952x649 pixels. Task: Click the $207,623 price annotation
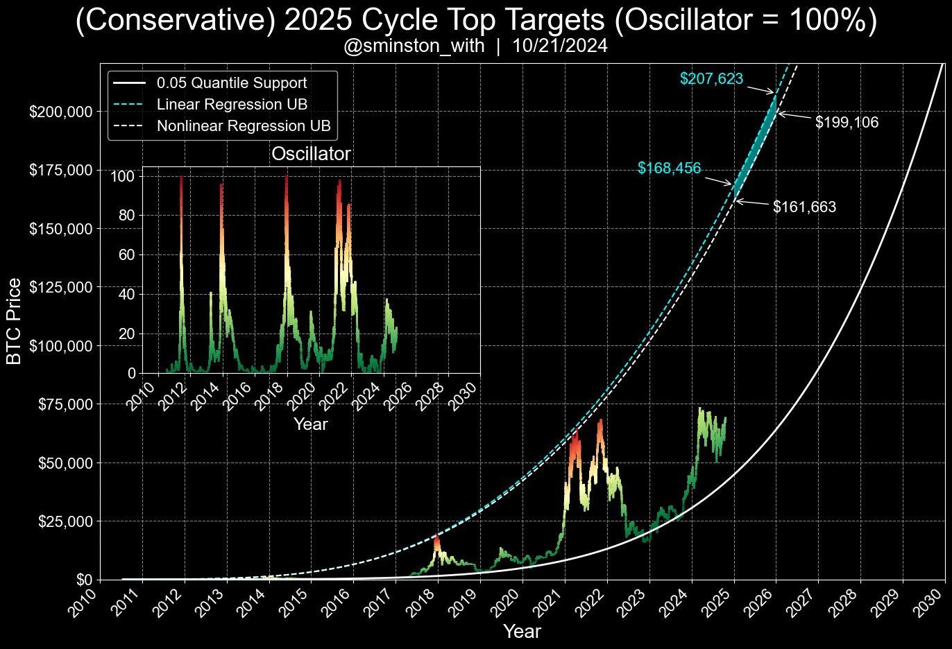(x=711, y=79)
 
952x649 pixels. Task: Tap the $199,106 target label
(x=847, y=123)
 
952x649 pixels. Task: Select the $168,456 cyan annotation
(x=669, y=168)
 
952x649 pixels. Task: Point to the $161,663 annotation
(x=804, y=207)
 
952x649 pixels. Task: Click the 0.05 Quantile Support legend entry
(x=231, y=83)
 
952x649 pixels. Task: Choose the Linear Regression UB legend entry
(x=232, y=105)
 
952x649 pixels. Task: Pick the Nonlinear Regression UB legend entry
(x=243, y=126)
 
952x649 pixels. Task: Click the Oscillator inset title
(x=310, y=154)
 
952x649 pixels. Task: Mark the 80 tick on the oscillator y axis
(x=126, y=215)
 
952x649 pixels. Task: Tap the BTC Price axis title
(x=15, y=320)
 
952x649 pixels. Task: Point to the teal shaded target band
(x=756, y=146)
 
